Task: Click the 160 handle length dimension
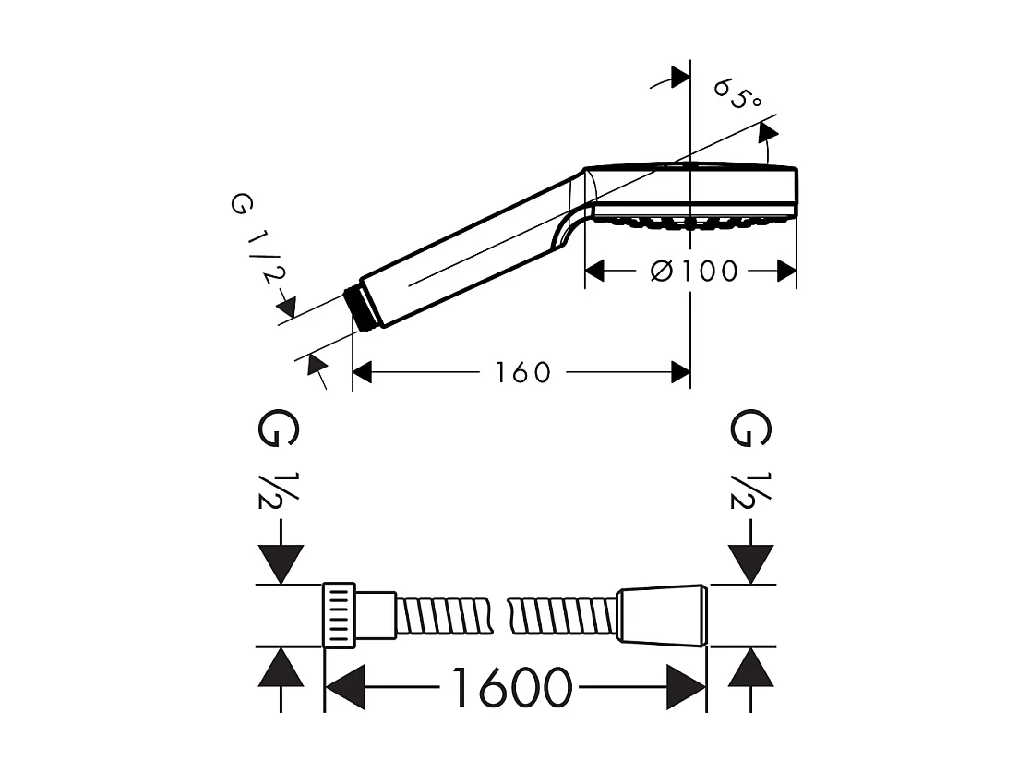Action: pos(522,372)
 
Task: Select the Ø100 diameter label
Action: pos(694,271)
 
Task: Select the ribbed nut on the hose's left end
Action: pos(340,615)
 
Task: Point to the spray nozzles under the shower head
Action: pos(688,222)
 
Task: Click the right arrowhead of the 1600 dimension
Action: pos(686,688)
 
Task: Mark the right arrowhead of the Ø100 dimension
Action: pos(787,271)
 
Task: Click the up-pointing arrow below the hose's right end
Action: pos(750,667)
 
